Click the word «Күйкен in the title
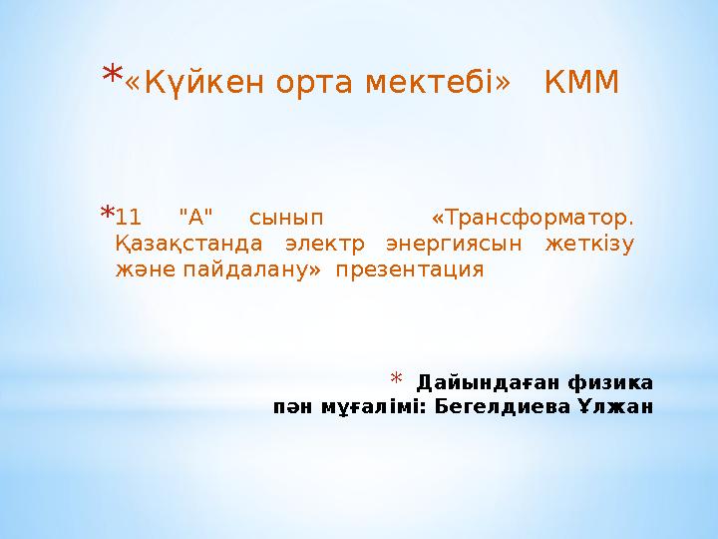pyautogui.click(x=194, y=83)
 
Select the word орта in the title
pyautogui.click(x=314, y=84)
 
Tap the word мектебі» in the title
pyautogui.click(x=438, y=82)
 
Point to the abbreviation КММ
pyautogui.click(x=581, y=82)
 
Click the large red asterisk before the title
pyautogui.click(x=112, y=73)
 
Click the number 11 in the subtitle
pyautogui.click(x=129, y=218)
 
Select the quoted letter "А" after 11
pyautogui.click(x=195, y=217)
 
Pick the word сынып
pyautogui.click(x=286, y=219)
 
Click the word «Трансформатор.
pyautogui.click(x=533, y=218)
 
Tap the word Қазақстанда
pyautogui.click(x=188, y=244)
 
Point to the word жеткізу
pyautogui.click(x=589, y=245)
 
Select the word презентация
pyautogui.click(x=410, y=270)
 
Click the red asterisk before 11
pyautogui.click(x=107, y=213)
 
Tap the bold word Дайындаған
pyautogui.click(x=489, y=382)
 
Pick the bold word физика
pyautogui.click(x=611, y=383)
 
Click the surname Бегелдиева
pyautogui.click(x=503, y=406)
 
